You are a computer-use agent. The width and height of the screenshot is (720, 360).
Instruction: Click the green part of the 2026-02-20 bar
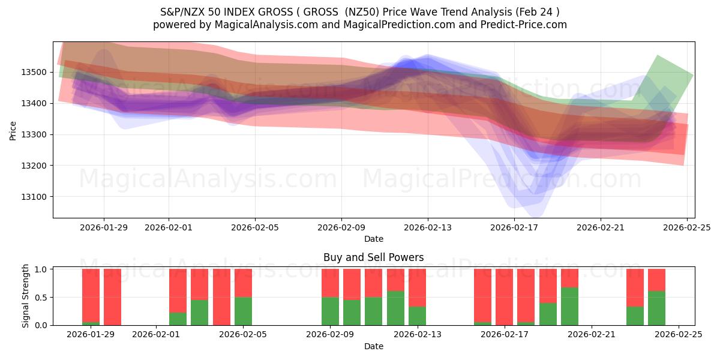569,307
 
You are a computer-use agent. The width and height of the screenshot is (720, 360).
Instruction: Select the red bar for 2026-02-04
221,297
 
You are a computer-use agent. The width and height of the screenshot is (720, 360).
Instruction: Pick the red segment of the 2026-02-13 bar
417,287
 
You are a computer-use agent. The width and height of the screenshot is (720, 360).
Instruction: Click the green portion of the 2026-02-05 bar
243,311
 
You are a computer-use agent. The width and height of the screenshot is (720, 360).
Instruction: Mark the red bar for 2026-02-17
504,297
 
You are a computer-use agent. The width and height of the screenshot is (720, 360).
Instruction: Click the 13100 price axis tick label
36,197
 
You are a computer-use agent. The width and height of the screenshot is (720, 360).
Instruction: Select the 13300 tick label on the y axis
36,135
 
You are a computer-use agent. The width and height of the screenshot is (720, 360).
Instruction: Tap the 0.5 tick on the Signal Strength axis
42,298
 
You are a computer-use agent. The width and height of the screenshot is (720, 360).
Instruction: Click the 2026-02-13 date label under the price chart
428,227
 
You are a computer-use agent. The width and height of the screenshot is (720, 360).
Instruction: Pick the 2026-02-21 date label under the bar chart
591,335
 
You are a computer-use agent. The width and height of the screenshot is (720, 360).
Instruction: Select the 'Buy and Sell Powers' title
373,257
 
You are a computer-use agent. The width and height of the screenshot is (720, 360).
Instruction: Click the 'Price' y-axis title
13,130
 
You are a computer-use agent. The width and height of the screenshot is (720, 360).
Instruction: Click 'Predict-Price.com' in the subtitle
518,25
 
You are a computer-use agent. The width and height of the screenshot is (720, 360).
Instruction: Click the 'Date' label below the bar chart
373,346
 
